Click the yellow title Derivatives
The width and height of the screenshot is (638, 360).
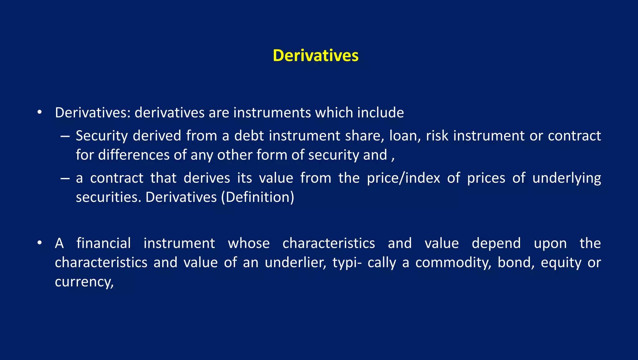click(316, 56)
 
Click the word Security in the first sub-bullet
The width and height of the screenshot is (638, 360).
click(102, 136)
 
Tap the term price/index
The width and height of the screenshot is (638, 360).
click(403, 178)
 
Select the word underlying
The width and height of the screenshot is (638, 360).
click(567, 178)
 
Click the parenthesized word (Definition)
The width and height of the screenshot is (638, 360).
click(258, 197)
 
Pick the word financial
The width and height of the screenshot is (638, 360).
click(103, 243)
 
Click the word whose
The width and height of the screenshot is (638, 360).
click(249, 243)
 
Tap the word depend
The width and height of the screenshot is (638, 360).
click(496, 243)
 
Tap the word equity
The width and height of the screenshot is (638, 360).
click(561, 263)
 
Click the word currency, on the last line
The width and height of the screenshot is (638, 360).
click(84, 282)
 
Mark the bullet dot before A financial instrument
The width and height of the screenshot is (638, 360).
click(39, 243)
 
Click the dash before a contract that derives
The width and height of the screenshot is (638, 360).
click(65, 178)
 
